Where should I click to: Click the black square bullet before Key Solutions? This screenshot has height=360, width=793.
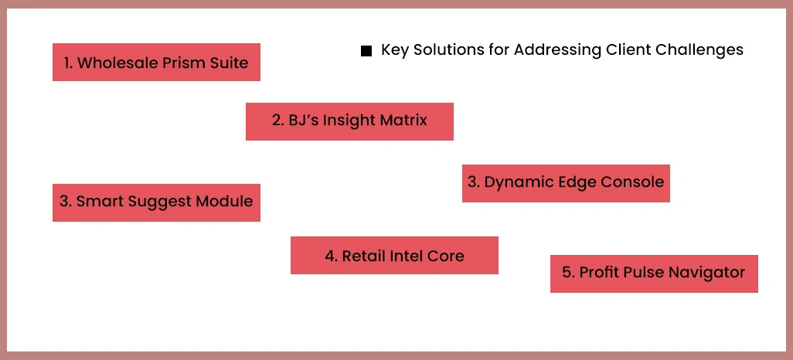pyautogui.click(x=366, y=52)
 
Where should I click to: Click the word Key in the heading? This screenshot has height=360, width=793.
pyautogui.click(x=394, y=50)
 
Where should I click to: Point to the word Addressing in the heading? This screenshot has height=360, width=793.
pyautogui.click(x=554, y=50)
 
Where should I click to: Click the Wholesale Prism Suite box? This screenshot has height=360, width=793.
pyautogui.click(x=156, y=63)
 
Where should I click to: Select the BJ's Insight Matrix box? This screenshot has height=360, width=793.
pyautogui.click(x=349, y=121)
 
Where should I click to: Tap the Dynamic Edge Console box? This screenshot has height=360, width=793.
pyautogui.click(x=566, y=183)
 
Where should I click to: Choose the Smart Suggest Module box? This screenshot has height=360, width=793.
pyautogui.click(x=156, y=202)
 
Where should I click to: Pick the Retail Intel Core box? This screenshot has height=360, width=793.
pyautogui.click(x=394, y=256)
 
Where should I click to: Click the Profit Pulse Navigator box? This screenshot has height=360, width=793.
pyautogui.click(x=654, y=273)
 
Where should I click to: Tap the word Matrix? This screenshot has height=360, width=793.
pyautogui.click(x=402, y=121)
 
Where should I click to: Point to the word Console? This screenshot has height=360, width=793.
pyautogui.click(x=635, y=182)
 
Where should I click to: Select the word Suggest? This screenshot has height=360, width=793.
pyautogui.click(x=161, y=202)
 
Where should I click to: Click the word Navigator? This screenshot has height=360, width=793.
pyautogui.click(x=708, y=273)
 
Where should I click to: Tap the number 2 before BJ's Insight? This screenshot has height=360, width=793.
pyautogui.click(x=277, y=121)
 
